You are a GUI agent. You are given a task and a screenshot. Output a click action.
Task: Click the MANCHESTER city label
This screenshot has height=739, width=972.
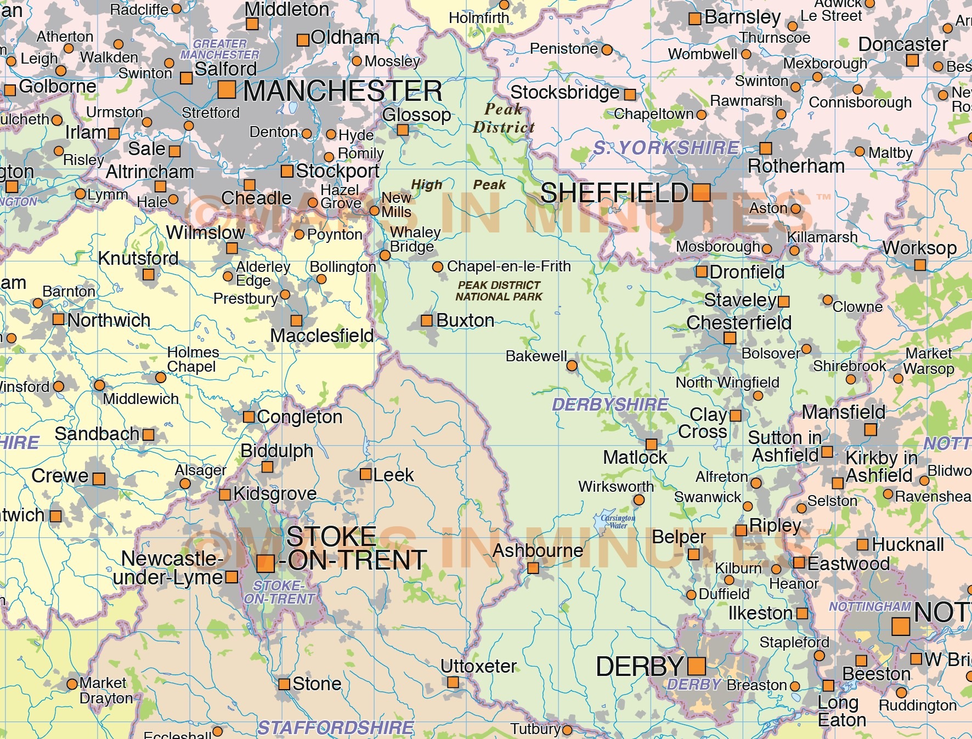342,91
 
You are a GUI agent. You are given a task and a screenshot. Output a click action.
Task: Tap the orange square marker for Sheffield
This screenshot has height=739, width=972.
701,192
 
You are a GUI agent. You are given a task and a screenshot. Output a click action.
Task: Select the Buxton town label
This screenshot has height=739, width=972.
465,321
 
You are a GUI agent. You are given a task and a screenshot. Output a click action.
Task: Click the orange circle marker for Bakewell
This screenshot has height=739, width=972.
572,366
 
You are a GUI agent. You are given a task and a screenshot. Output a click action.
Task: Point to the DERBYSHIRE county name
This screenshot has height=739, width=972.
610,405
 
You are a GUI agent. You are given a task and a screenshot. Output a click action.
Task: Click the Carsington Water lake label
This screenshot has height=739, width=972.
618,521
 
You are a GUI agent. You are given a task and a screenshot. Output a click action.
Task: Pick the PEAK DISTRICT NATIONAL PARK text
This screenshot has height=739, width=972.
499,291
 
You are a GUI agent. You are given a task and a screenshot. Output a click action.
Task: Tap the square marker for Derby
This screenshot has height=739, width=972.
696,666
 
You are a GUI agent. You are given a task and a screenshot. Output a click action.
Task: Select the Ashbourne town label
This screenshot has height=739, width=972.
538,550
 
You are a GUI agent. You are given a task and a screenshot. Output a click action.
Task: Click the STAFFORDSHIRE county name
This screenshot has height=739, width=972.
336,728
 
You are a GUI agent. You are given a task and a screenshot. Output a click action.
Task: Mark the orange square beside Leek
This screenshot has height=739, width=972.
365,474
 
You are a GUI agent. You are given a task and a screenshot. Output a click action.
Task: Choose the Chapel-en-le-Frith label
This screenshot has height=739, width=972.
508,266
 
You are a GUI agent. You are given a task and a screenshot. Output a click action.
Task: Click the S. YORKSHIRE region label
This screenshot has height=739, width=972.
666,148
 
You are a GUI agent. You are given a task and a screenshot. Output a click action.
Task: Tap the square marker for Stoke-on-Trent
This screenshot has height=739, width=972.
265,563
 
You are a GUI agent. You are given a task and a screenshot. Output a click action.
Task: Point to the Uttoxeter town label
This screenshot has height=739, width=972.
478,667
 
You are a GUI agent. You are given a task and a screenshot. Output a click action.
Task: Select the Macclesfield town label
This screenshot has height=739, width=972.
321,336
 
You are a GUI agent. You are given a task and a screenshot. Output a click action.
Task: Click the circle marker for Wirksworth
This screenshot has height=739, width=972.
638,500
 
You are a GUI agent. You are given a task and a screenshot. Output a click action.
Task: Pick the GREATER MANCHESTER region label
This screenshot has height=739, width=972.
219,49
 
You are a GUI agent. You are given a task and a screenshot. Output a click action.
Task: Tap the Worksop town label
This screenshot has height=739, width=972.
919,248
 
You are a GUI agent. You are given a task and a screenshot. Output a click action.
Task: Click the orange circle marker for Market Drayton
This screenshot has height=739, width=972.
72,684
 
